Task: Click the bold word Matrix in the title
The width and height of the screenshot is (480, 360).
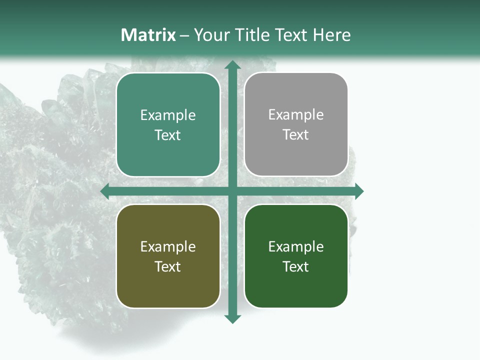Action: coord(148,35)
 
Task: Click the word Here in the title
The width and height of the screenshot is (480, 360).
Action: coord(331,35)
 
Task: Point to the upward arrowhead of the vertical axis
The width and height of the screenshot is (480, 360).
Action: coord(232,65)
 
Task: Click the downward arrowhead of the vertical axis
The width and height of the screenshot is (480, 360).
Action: coord(232,318)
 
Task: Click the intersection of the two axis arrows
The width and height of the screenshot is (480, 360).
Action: coord(232,191)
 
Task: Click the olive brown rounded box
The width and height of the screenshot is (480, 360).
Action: coord(168,285)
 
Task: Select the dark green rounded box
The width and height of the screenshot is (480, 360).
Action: coord(296,285)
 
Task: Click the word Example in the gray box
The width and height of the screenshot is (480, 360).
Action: coord(296,114)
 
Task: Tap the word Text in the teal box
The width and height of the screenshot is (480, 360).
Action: coord(168,135)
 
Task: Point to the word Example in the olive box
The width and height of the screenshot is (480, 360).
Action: coord(168,246)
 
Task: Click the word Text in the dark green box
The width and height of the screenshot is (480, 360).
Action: coord(296,266)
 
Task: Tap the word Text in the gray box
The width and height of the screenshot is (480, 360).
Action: coord(296,134)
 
